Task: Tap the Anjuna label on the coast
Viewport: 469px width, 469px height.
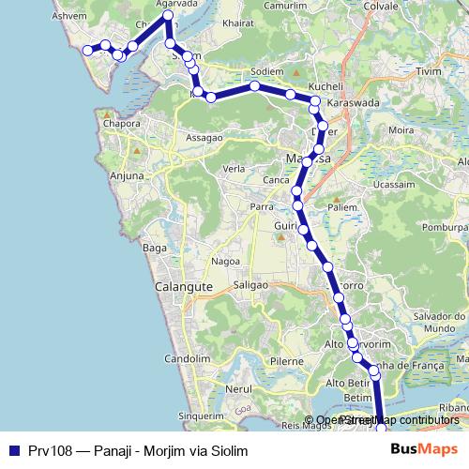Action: coord(128,175)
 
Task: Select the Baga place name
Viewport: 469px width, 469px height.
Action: coord(152,248)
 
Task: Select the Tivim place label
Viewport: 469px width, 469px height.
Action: coord(427,70)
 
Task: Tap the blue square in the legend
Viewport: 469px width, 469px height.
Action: coord(11,450)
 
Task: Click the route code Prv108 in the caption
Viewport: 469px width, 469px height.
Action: coord(44,450)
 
